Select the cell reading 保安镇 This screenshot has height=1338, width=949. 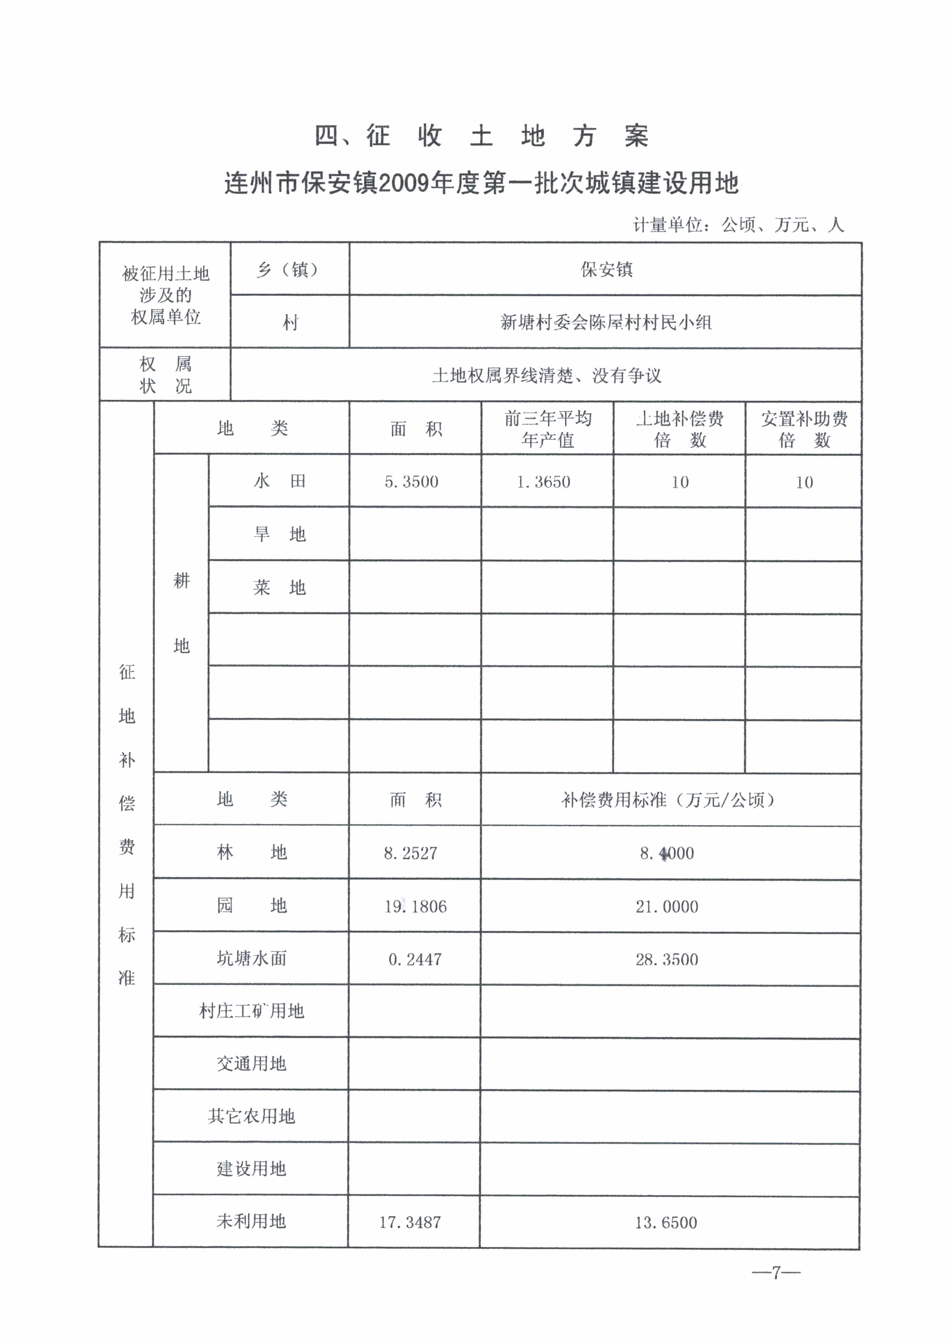coord(606,269)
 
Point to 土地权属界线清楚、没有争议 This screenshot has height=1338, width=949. coord(546,375)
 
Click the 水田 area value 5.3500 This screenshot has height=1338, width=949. coord(412,482)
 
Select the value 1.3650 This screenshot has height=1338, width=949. coord(543,482)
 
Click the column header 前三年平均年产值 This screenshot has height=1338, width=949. coord(548,429)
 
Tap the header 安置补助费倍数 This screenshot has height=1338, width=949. coord(804,429)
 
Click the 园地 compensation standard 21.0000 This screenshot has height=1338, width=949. coord(667,906)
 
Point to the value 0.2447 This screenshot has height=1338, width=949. coord(415,959)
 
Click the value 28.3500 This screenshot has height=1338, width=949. coord(667,959)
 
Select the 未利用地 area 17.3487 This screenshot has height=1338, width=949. coord(410,1222)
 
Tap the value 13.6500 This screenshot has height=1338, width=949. coord(666,1222)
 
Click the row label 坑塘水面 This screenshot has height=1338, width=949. coord(251,958)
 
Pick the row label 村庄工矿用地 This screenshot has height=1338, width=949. coord(251,1011)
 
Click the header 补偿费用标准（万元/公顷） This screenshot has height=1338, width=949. coord(668,800)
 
